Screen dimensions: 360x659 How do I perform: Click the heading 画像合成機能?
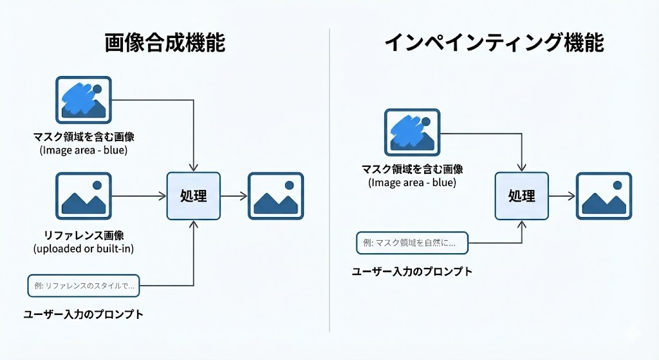click(x=165, y=43)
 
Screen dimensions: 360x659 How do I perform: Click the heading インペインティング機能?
click(x=494, y=43)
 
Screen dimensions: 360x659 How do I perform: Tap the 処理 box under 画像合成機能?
click(x=194, y=195)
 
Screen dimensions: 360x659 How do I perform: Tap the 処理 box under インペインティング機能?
click(x=521, y=195)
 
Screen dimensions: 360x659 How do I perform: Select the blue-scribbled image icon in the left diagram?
click(x=84, y=100)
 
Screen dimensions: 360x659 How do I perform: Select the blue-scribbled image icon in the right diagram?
click(x=412, y=133)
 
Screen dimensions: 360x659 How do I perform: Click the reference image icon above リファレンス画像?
click(x=84, y=195)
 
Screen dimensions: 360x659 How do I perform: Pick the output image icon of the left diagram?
click(x=275, y=195)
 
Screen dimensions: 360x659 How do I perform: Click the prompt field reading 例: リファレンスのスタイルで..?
click(x=84, y=285)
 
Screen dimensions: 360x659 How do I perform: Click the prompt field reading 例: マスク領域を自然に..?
click(x=412, y=243)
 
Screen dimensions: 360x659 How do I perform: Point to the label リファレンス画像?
click(x=84, y=236)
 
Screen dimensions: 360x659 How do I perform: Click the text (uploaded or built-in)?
click(x=84, y=249)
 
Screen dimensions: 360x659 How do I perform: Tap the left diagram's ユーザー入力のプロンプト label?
click(x=83, y=315)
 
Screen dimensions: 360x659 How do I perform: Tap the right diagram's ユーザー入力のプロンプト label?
click(x=412, y=271)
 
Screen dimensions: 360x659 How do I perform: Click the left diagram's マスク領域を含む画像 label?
click(x=84, y=137)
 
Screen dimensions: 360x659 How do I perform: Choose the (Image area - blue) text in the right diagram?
click(x=412, y=182)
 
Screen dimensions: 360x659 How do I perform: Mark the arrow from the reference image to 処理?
click(x=138, y=195)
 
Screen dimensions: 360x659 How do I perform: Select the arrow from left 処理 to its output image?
click(x=234, y=195)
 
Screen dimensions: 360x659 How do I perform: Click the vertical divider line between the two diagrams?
click(x=329, y=180)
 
